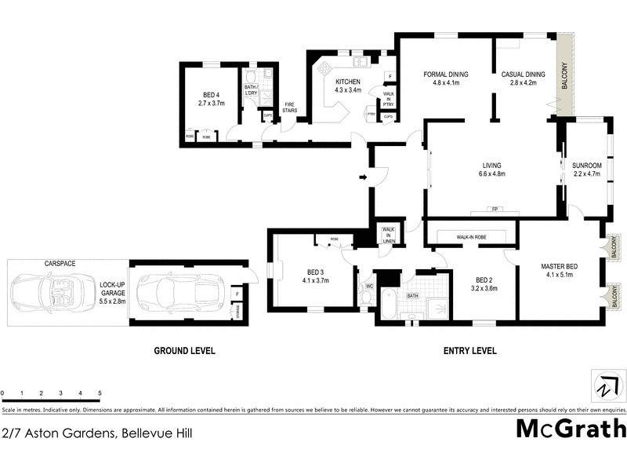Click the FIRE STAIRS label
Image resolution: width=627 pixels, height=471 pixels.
289,107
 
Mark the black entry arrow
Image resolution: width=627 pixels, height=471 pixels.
363,178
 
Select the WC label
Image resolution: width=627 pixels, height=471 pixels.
368,287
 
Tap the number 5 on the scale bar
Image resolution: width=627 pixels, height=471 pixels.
100,392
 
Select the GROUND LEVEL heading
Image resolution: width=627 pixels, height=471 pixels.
184,351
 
